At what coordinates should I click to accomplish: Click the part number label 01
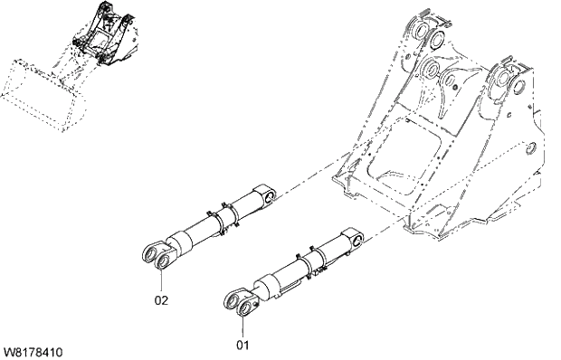click(242, 344)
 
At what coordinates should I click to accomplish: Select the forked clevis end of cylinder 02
click(157, 256)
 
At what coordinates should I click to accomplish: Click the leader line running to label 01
click(242, 326)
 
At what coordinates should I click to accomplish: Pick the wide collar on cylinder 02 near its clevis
click(182, 241)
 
